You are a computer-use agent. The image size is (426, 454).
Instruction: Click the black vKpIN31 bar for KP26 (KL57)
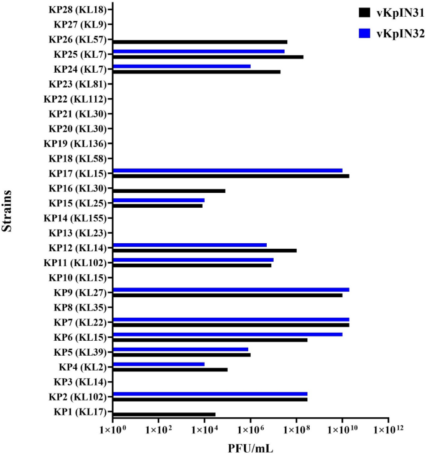200,42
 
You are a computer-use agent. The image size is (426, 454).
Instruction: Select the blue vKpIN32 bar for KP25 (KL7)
198,52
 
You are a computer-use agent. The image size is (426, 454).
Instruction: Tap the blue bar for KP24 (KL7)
182,67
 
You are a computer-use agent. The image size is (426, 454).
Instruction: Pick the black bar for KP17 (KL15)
231,176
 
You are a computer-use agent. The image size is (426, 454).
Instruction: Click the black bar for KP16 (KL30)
169,191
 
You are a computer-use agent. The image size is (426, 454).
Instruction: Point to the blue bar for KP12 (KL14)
190,245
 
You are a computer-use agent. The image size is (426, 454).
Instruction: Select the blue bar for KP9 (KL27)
231,290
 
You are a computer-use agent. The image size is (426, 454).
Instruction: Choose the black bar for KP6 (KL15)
210,340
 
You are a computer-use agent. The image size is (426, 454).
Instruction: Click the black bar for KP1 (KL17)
164,414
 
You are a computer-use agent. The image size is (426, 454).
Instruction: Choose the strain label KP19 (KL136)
76,144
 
